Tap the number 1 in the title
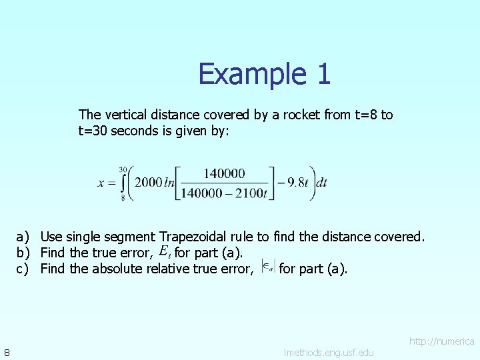coord(323,73)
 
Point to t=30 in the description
coord(93,131)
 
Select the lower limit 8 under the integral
coord(123,197)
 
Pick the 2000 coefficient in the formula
coord(148,183)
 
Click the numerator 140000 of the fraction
coord(224,173)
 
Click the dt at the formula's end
coord(321,183)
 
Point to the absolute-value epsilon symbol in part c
coord(267,267)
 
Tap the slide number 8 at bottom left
coord(6,352)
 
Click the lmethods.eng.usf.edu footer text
coord(328,352)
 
